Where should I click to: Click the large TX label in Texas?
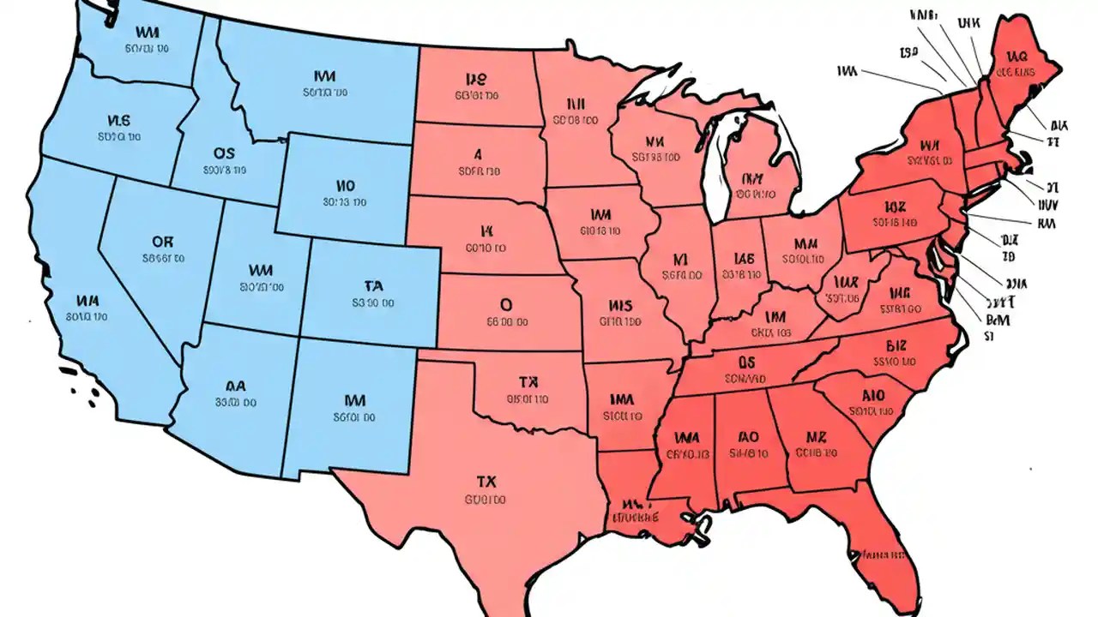[486, 480]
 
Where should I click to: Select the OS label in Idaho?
[224, 153]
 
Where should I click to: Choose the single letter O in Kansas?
[505, 304]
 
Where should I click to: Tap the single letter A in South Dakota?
[478, 154]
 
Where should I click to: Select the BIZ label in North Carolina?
[894, 345]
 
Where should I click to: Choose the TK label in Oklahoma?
[528, 382]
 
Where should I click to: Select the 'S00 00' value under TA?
[373, 303]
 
